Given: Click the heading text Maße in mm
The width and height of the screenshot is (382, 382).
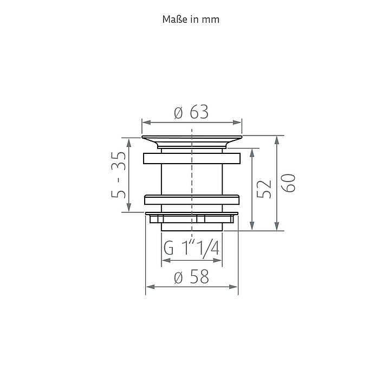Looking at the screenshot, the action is pos(191,20).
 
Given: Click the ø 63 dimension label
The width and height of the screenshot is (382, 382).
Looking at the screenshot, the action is pos(191,112).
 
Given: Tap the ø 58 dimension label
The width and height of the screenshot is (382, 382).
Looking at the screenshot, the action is pos(192,277).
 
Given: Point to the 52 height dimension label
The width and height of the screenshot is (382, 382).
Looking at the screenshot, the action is pos(264,189).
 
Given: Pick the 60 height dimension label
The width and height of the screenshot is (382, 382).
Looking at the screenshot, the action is pos(288,183).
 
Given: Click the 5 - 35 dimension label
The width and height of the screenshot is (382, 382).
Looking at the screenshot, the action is pos(119,174).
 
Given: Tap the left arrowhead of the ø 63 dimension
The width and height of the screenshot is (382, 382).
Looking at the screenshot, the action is pos(146,122).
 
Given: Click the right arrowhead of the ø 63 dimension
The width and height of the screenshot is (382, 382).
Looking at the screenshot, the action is pos(237,122).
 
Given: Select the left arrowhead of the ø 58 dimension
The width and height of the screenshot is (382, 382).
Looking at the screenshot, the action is pos(150,287).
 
